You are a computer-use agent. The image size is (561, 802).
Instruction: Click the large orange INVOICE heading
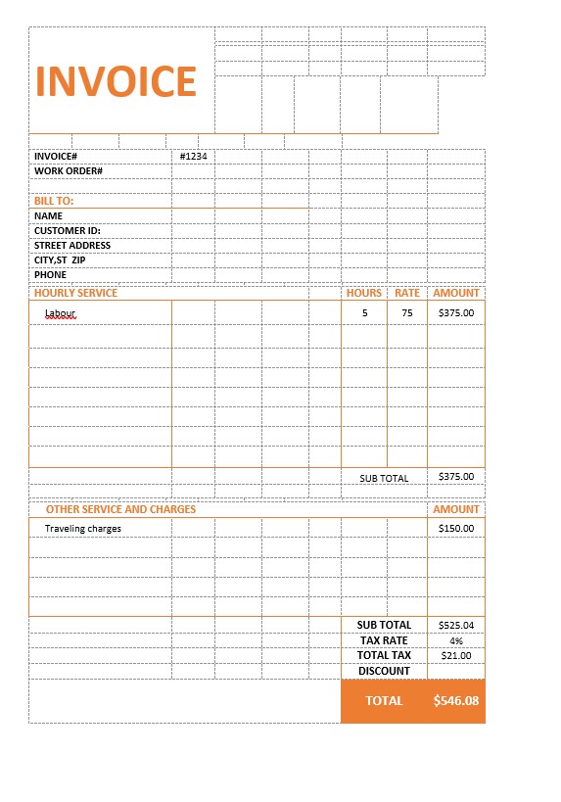pyautogui.click(x=116, y=81)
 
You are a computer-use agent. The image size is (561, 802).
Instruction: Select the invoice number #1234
pyautogui.click(x=193, y=157)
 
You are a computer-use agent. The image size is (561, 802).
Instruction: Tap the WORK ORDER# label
pyautogui.click(x=69, y=171)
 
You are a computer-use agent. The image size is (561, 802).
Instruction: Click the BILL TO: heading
pyautogui.click(x=54, y=201)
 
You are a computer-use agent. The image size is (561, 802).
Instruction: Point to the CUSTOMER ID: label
pyautogui.click(x=68, y=231)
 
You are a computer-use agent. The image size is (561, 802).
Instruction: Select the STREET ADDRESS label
pyautogui.click(x=72, y=246)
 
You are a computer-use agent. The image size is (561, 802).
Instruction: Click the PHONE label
pyautogui.click(x=50, y=275)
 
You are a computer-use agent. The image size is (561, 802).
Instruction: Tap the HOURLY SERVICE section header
pyautogui.click(x=75, y=293)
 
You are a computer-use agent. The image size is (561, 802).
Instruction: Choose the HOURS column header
pyautogui.click(x=364, y=293)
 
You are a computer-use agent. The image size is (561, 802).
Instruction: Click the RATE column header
pyautogui.click(x=407, y=293)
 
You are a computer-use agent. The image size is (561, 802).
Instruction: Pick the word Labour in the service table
pyautogui.click(x=60, y=313)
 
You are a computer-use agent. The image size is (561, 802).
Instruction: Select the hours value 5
pyautogui.click(x=365, y=313)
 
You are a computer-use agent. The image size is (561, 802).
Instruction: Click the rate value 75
pyautogui.click(x=407, y=313)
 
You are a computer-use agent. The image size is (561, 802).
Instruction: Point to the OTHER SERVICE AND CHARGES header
pyautogui.click(x=120, y=509)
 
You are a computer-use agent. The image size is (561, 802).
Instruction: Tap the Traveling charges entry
pyautogui.click(x=83, y=529)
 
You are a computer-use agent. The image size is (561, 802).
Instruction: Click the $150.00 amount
pyautogui.click(x=456, y=529)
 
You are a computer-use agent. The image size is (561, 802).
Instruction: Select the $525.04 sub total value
pyautogui.click(x=456, y=625)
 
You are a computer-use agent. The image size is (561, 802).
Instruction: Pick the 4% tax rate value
pyautogui.click(x=456, y=640)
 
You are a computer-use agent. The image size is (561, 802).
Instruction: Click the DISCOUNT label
pyautogui.click(x=384, y=671)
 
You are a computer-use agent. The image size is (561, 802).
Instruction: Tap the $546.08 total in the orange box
pyautogui.click(x=456, y=701)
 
